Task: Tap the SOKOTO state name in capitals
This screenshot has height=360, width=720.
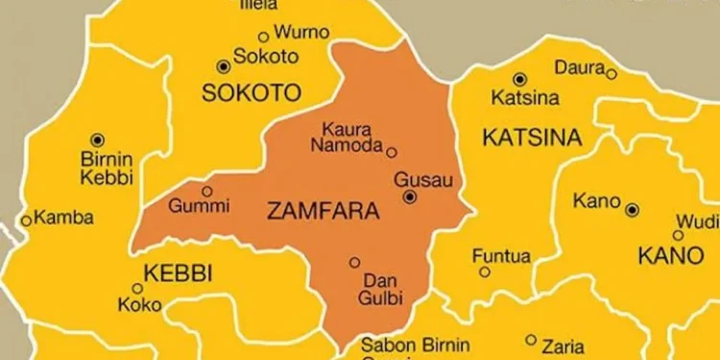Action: (250, 93)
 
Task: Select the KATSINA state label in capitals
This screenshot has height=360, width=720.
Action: (531, 138)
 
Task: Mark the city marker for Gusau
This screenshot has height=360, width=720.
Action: (410, 197)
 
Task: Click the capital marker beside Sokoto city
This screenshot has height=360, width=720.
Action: (224, 66)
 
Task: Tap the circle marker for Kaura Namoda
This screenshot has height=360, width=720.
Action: (391, 152)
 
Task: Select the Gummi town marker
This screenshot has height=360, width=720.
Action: (206, 191)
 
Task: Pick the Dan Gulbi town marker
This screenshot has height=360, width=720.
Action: (354, 261)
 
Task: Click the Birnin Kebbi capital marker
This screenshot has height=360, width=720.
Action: (97, 139)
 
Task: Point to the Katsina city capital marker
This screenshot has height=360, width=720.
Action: (519, 79)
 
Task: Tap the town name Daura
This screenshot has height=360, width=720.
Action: (579, 68)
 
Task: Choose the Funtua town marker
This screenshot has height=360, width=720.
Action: (484, 272)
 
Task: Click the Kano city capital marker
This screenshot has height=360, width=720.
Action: (632, 209)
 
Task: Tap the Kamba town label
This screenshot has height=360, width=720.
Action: (63, 218)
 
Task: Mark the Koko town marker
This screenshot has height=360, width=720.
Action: (137, 288)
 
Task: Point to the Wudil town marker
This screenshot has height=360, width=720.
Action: (678, 234)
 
